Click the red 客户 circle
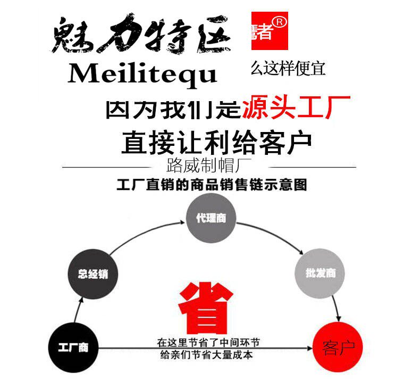[x=338, y=348]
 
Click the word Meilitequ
[x=142, y=75]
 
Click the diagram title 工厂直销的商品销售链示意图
[x=212, y=186]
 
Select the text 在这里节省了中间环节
[x=208, y=342]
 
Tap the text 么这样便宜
[x=287, y=68]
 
